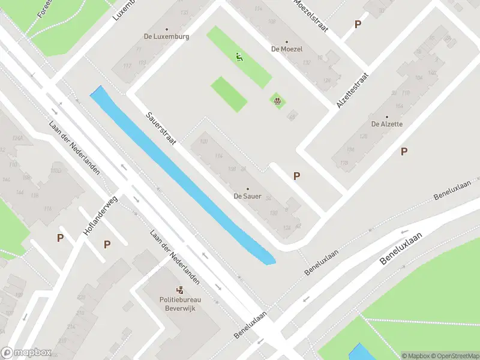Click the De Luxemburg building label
pos(167,36)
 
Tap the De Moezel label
pos(287,49)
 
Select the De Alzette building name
pos(387,124)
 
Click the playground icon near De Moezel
pos(277,101)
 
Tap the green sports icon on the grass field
pos(239,57)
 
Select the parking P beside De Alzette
pos(404,151)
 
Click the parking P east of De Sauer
pos(296,176)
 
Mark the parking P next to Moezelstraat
pos(358,24)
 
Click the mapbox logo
pos(26,353)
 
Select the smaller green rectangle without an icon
pos(229,94)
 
